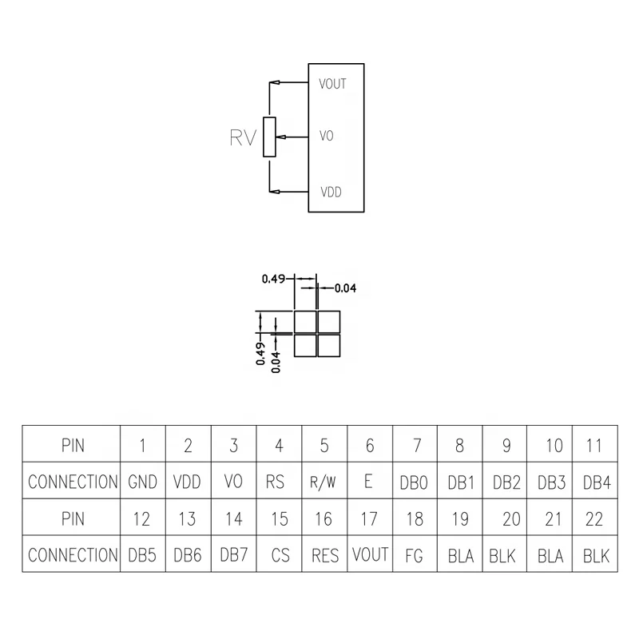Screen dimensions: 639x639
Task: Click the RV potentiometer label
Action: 242,138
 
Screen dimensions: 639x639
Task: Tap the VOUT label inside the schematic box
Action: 332,84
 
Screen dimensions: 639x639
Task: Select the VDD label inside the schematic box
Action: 331,192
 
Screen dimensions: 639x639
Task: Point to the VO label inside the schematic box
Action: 326,137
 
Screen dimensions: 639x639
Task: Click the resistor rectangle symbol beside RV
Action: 270,137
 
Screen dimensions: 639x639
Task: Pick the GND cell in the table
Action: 142,482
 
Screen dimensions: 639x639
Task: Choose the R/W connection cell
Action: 324,482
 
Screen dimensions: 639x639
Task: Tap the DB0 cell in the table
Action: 415,482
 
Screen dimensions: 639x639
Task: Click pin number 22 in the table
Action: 593,519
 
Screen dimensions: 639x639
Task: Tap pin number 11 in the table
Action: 593,446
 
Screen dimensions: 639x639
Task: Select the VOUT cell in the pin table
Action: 370,555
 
